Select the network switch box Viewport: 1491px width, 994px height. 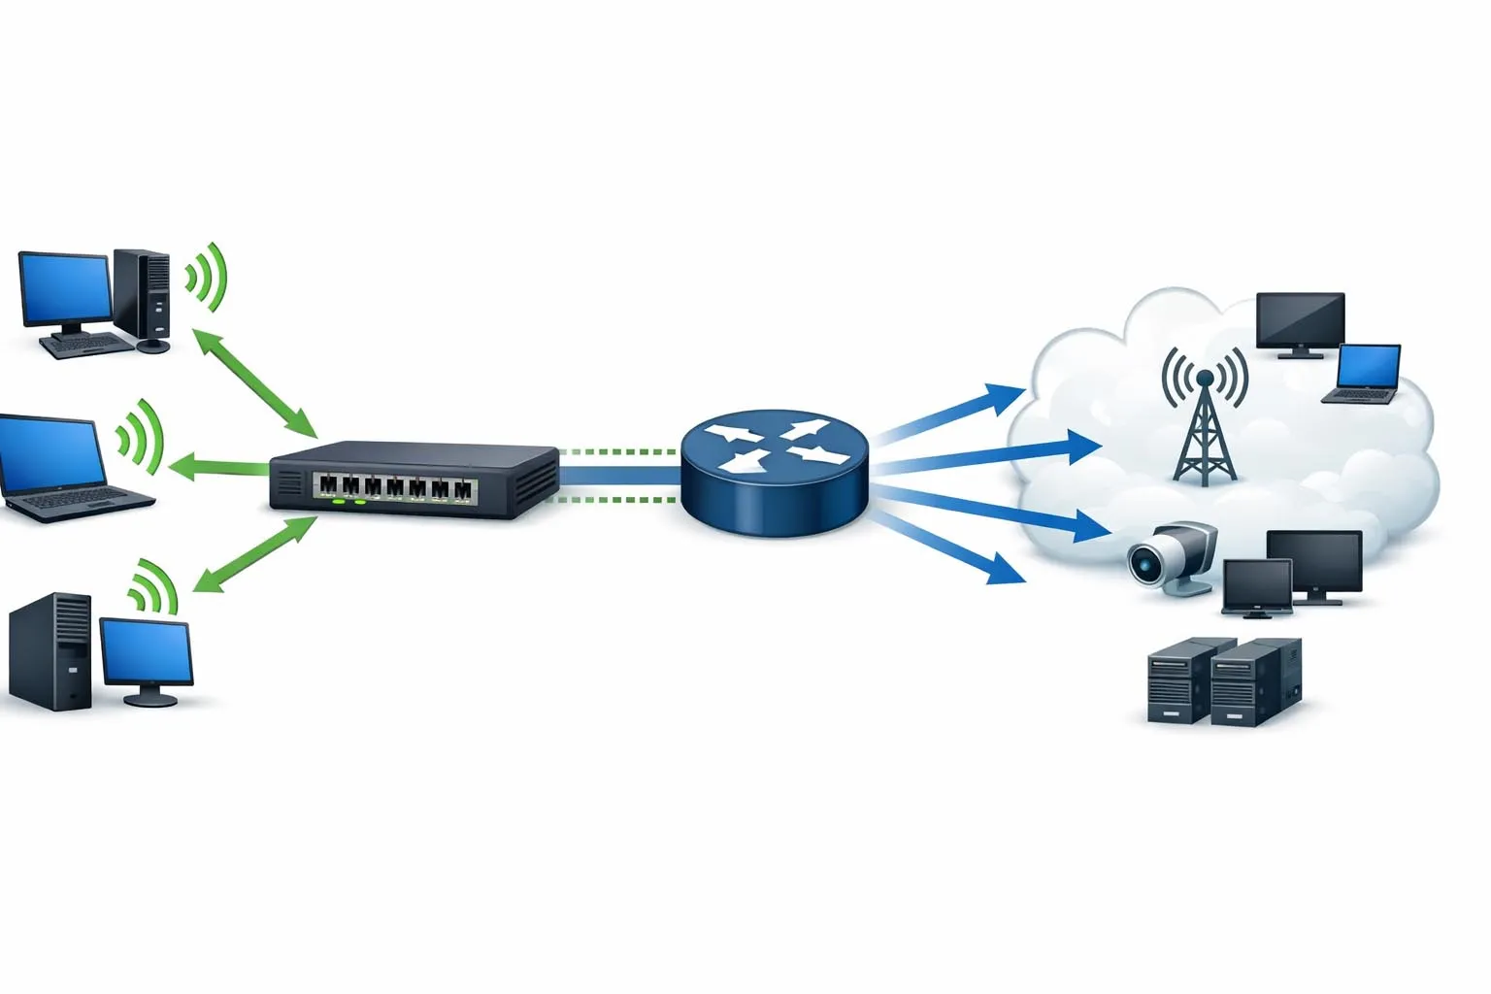tap(415, 480)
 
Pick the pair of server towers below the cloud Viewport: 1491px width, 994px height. tap(1224, 681)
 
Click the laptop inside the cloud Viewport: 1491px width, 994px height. tap(1367, 374)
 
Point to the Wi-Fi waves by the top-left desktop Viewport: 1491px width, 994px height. tap(208, 276)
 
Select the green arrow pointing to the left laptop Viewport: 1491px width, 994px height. tap(218, 468)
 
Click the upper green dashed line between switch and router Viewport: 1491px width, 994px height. tap(618, 451)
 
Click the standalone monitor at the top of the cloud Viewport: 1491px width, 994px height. tap(1300, 323)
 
